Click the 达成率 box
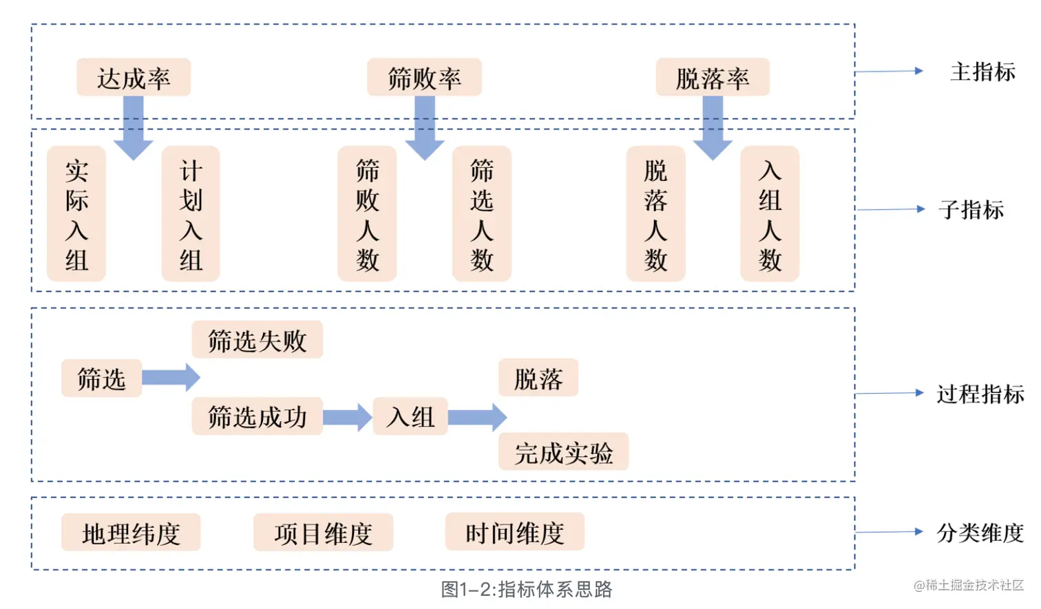click(x=133, y=78)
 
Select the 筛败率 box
click(x=424, y=78)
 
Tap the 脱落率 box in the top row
click(x=712, y=78)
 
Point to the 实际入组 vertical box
click(x=76, y=214)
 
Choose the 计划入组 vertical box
click(x=191, y=214)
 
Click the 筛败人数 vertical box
click(x=367, y=214)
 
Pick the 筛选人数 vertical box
click(x=481, y=214)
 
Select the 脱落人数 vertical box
click(x=655, y=214)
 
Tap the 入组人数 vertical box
click(x=770, y=214)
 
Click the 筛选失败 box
click(x=257, y=340)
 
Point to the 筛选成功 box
click(x=257, y=416)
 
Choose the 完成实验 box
click(x=563, y=452)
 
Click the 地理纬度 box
click(x=131, y=533)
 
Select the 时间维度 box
click(x=514, y=532)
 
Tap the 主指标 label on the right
click(x=982, y=72)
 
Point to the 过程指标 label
click(x=980, y=394)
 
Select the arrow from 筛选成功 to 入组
click(x=348, y=417)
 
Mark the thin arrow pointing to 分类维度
click(x=889, y=532)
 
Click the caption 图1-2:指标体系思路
click(x=527, y=589)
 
